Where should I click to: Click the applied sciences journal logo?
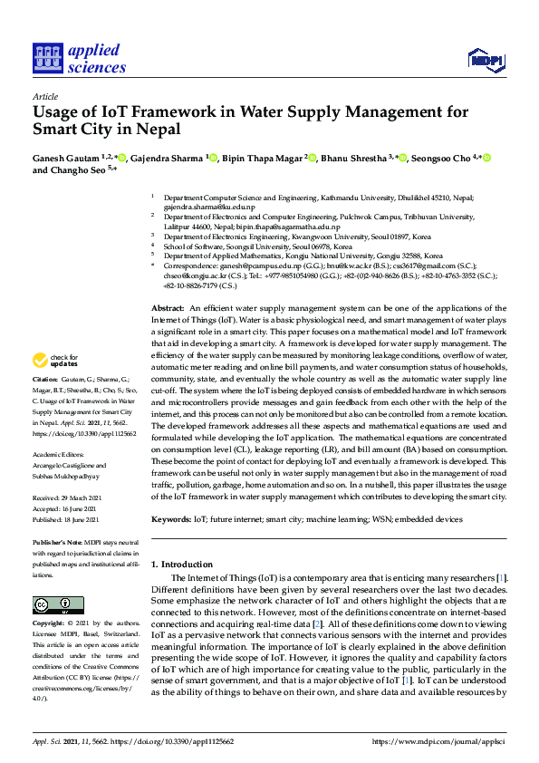coord(79,58)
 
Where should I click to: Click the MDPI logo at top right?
coord(486,60)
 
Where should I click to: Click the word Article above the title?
coord(44,96)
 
